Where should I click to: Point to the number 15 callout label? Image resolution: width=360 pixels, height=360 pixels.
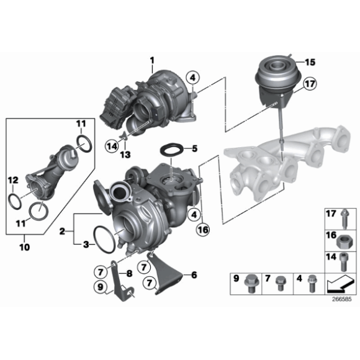[x=310, y=61]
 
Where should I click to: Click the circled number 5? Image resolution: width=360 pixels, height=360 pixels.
[x=194, y=149]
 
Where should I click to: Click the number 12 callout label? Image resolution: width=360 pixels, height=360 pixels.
[x=11, y=181]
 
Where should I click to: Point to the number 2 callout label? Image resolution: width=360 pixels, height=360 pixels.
[x=62, y=231]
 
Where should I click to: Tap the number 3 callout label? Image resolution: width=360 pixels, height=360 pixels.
[x=86, y=245]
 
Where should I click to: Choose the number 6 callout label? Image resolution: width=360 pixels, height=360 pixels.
[x=194, y=274]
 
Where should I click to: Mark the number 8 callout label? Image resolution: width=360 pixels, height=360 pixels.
[x=129, y=272]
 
